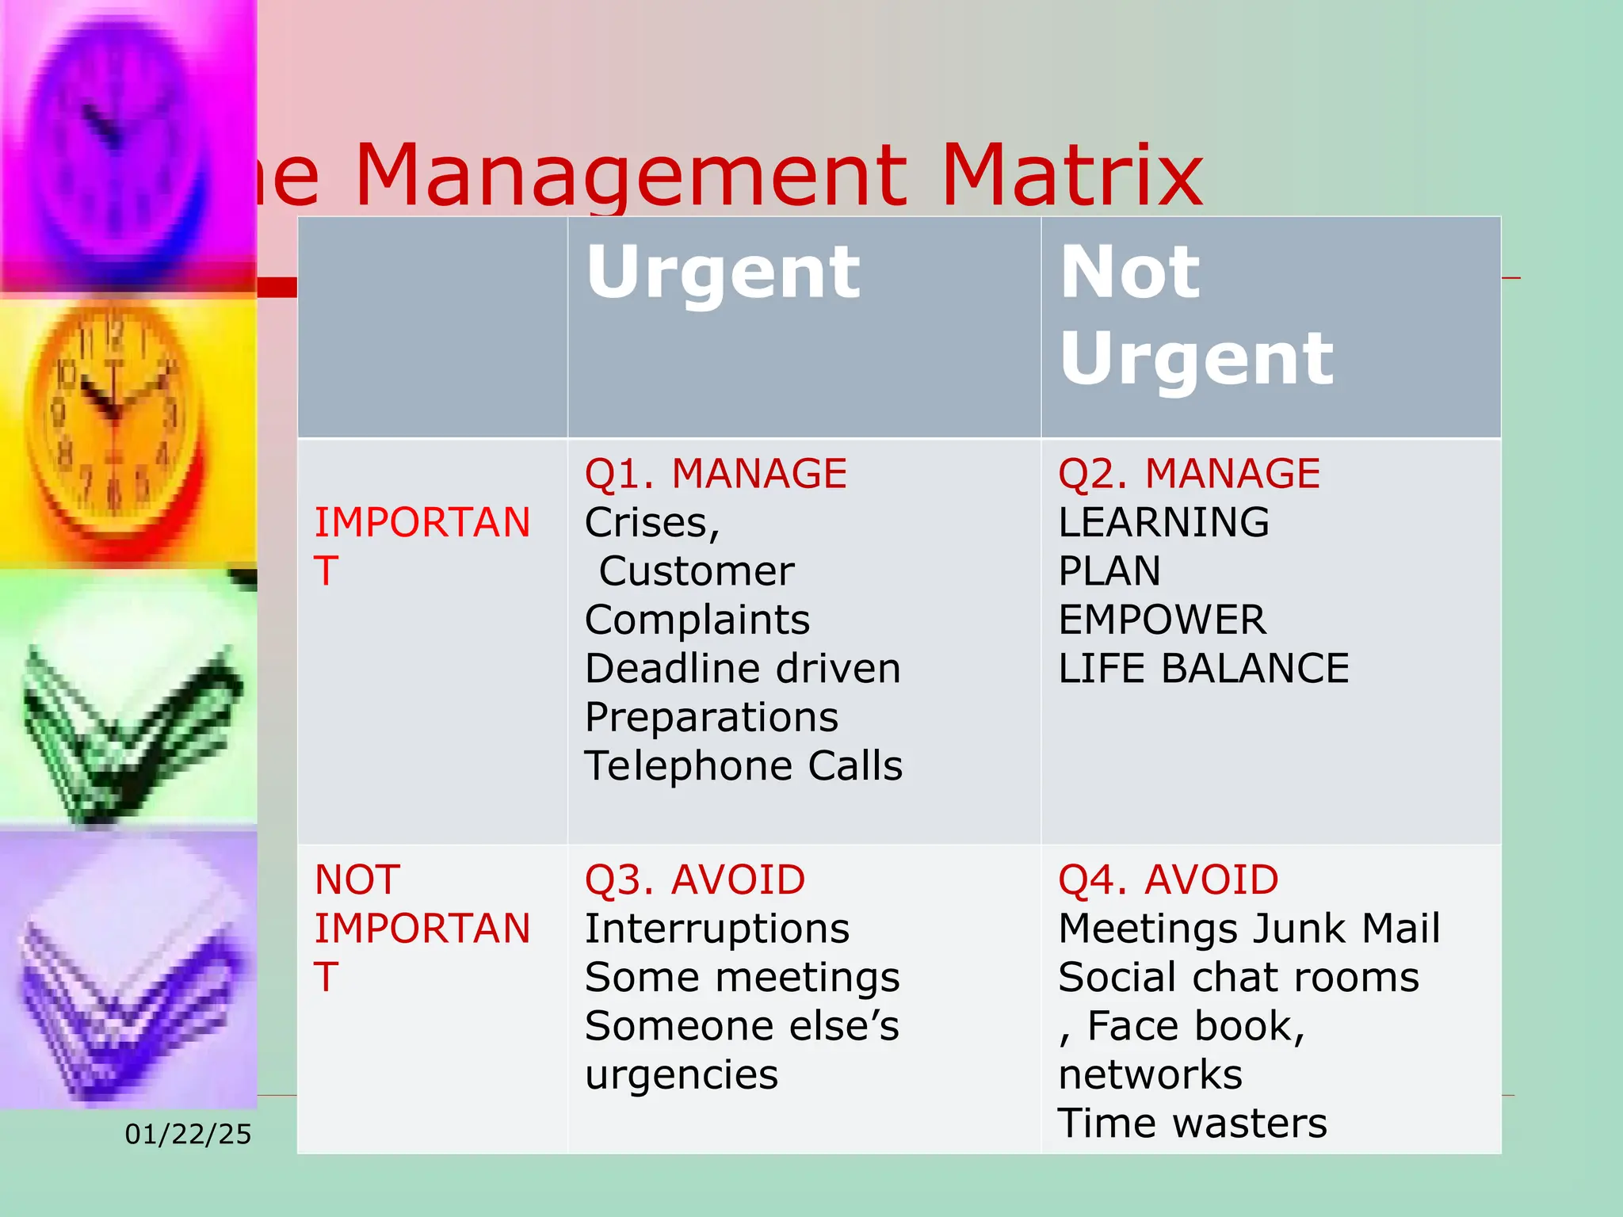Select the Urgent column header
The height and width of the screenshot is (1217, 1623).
tap(723, 273)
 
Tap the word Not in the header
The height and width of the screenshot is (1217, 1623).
tap(1130, 273)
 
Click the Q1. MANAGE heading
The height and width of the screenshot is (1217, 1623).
tap(716, 474)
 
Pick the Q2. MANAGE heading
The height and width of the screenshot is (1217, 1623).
tap(1189, 474)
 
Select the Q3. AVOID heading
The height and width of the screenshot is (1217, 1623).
tap(694, 879)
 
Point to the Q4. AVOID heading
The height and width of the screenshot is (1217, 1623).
tap(1168, 879)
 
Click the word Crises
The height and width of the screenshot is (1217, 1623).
tap(651, 523)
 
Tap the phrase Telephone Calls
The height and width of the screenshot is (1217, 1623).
tap(743, 766)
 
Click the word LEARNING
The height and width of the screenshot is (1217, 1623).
tap(1163, 523)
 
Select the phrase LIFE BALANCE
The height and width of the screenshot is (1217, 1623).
tap(1203, 669)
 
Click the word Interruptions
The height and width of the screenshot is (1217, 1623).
tap(716, 929)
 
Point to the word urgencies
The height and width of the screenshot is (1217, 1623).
tap(682, 1075)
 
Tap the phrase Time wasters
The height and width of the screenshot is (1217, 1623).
tap(1192, 1124)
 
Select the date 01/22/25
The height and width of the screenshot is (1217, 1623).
tap(188, 1135)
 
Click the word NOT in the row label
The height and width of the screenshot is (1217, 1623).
tap(357, 879)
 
